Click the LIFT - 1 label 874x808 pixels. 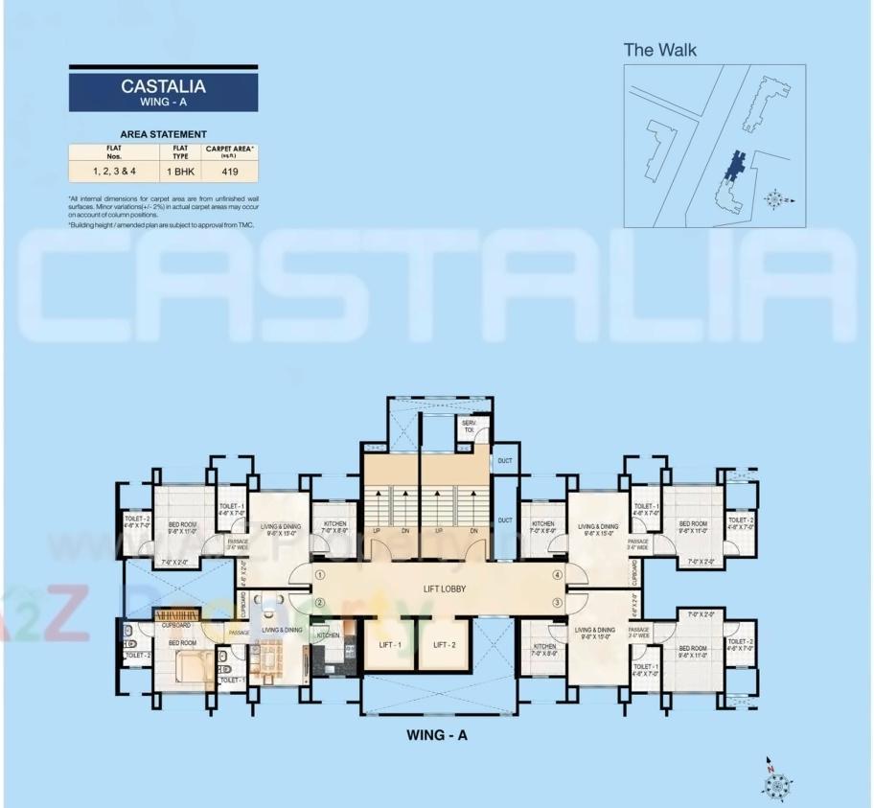click(390, 644)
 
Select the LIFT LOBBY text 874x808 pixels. click(445, 589)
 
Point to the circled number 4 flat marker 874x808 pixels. click(557, 575)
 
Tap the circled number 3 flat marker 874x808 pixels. click(557, 602)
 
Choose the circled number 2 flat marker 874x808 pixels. click(320, 602)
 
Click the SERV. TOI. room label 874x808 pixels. click(470, 427)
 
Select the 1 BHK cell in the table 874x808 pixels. click(180, 173)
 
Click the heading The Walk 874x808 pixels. click(660, 50)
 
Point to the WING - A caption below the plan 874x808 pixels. click(436, 735)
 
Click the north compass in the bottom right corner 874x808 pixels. click(774, 782)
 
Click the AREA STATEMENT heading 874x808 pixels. click(163, 134)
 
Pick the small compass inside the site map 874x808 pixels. click(775, 199)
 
